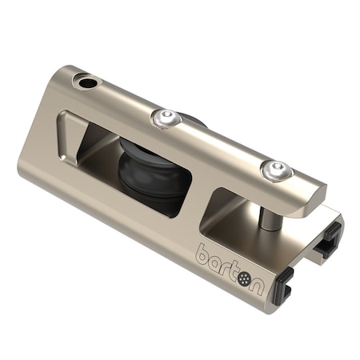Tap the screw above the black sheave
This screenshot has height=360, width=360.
[x=165, y=118]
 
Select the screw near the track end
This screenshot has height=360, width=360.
[x=276, y=169]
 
